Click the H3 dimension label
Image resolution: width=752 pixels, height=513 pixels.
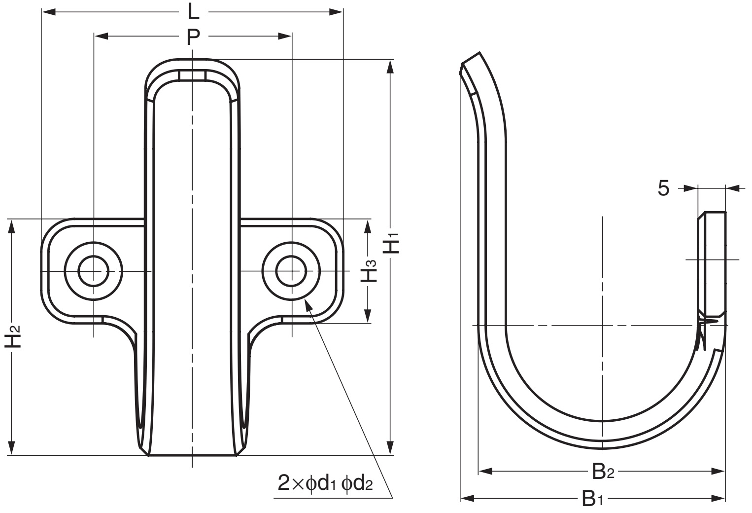[x=369, y=271]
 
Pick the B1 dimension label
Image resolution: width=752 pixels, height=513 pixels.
[x=592, y=499]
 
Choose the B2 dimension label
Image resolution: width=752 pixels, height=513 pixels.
[x=602, y=472]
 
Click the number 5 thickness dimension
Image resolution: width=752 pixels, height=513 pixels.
[x=664, y=188]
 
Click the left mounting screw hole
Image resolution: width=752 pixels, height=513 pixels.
[x=93, y=271]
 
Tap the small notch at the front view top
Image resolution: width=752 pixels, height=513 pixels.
[x=192, y=75]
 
